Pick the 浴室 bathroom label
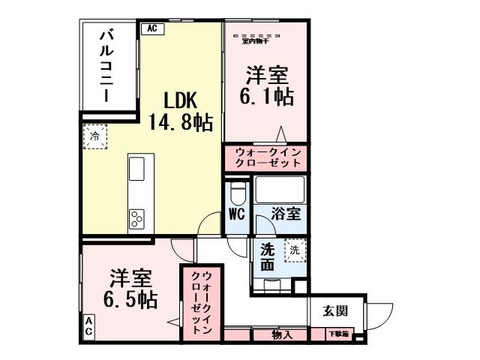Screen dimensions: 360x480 286,213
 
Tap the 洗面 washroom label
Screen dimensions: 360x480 268,256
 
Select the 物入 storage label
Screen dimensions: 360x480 282,335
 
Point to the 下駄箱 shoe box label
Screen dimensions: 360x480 337,334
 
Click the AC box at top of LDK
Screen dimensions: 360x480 151,28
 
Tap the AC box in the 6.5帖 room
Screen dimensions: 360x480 88,327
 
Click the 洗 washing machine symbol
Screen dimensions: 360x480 295,250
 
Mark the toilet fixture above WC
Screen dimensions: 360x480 238,193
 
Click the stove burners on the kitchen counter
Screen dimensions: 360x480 138,218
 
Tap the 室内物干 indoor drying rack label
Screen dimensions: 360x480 256,37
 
